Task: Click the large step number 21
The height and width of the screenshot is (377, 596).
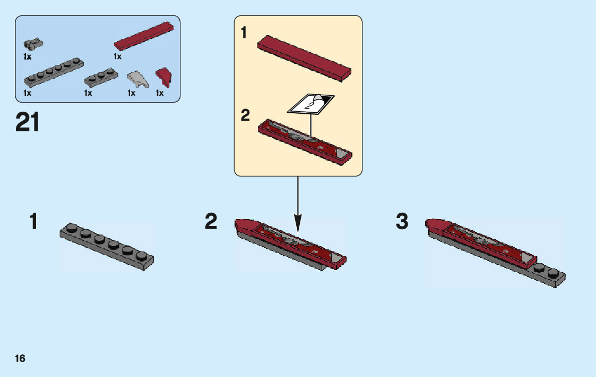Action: pyautogui.click(x=28, y=122)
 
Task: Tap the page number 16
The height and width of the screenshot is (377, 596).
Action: pyautogui.click(x=20, y=358)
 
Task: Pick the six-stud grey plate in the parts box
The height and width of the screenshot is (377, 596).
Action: pyautogui.click(x=54, y=73)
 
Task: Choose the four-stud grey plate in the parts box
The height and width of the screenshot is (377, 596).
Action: pyautogui.click(x=101, y=78)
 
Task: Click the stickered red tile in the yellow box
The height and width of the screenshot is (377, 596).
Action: pyautogui.click(x=305, y=142)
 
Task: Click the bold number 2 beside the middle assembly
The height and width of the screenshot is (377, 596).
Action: pyautogui.click(x=211, y=222)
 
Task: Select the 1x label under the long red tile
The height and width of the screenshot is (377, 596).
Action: pyautogui.click(x=117, y=56)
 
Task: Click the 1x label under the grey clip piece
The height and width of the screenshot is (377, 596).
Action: pyautogui.click(x=28, y=56)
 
